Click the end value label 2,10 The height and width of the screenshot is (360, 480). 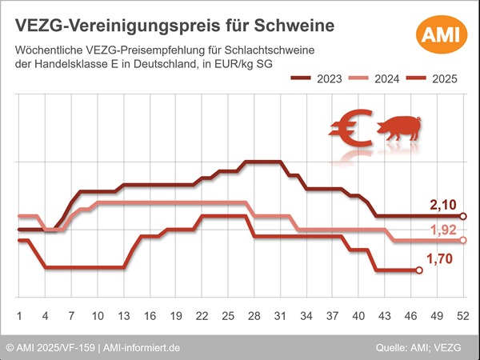(443, 206)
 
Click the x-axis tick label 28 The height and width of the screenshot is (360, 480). (254, 314)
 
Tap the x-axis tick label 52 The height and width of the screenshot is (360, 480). (462, 314)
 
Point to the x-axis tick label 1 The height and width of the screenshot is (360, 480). (19, 314)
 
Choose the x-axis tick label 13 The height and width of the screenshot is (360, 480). (123, 314)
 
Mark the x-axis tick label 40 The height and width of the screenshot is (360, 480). (358, 314)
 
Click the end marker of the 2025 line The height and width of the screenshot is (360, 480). (418, 270)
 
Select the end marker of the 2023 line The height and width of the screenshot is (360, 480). (462, 216)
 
